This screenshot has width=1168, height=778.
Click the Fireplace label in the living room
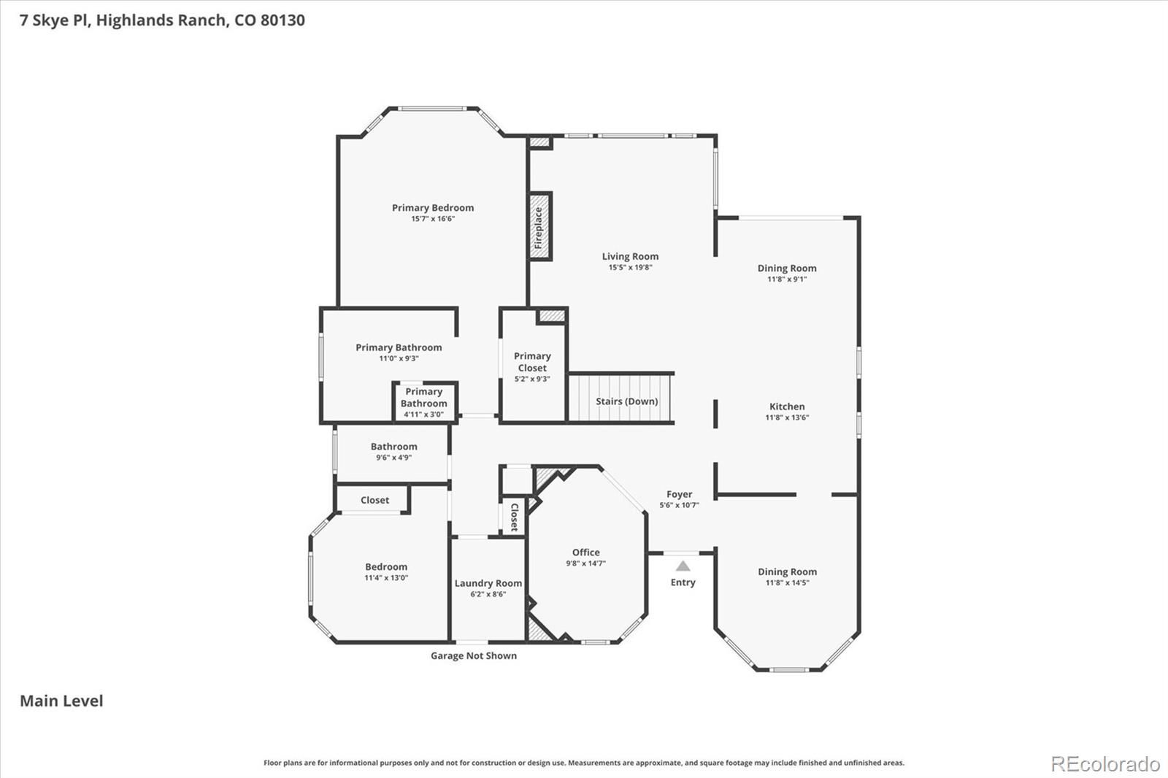click(x=539, y=228)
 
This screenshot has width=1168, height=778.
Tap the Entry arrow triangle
click(x=683, y=566)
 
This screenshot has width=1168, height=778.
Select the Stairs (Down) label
click(x=627, y=401)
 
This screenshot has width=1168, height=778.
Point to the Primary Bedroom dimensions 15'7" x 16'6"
click(x=433, y=219)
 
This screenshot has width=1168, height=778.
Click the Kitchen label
click(x=787, y=407)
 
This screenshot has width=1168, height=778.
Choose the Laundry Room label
click(x=488, y=583)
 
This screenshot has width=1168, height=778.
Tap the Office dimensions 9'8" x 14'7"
click(x=585, y=563)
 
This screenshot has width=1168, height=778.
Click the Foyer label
click(x=680, y=494)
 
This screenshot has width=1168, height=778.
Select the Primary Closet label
click(x=532, y=362)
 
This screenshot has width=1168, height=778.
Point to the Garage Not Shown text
click(x=474, y=655)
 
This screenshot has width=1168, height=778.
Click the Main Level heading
click(x=61, y=701)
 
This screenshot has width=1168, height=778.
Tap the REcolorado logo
click(x=1105, y=764)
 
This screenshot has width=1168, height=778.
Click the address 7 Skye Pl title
click(x=162, y=20)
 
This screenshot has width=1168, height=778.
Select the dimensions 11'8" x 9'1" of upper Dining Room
click(x=787, y=280)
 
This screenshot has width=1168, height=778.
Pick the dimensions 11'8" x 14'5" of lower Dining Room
click(x=787, y=582)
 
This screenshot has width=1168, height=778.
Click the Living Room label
click(x=630, y=256)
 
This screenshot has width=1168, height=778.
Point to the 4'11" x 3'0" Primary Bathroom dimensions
click(x=423, y=415)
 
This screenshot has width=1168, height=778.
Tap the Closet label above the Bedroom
click(x=375, y=500)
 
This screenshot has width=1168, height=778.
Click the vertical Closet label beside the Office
click(x=514, y=517)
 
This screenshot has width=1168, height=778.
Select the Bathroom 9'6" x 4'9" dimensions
click(x=393, y=458)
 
